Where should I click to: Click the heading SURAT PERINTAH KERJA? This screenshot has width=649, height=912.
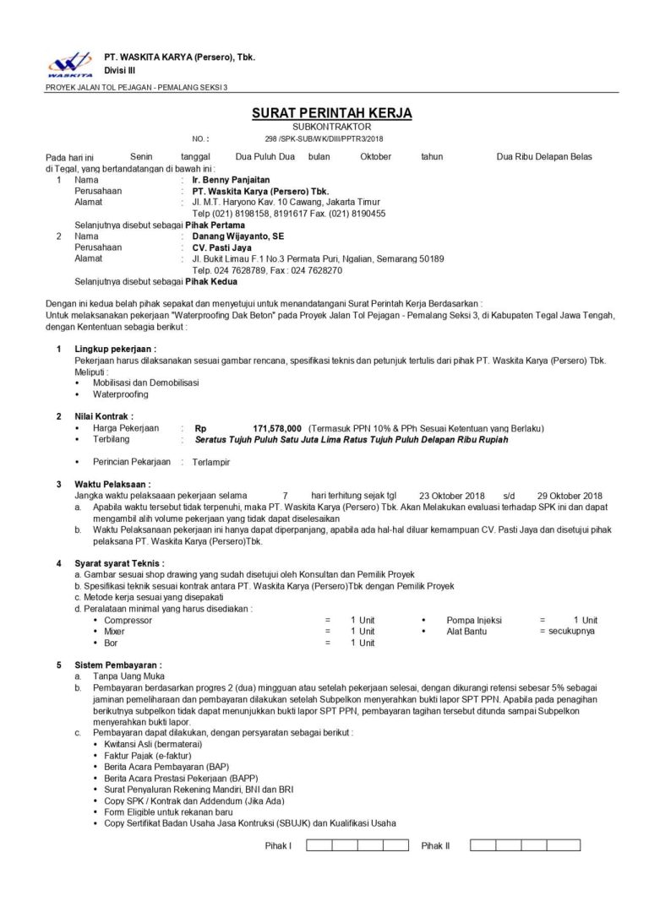[x=331, y=113]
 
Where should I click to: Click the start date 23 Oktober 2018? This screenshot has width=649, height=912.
[x=451, y=495]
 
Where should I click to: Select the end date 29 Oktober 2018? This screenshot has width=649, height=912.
[x=569, y=495]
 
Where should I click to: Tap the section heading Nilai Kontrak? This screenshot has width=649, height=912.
[x=104, y=416]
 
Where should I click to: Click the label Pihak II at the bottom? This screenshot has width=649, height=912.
[x=435, y=844]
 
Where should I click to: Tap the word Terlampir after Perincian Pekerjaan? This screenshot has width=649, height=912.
[x=212, y=462]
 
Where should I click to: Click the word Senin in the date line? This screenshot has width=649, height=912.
[x=141, y=156]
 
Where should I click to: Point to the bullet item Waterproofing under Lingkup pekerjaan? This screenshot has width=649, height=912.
[x=120, y=394]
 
